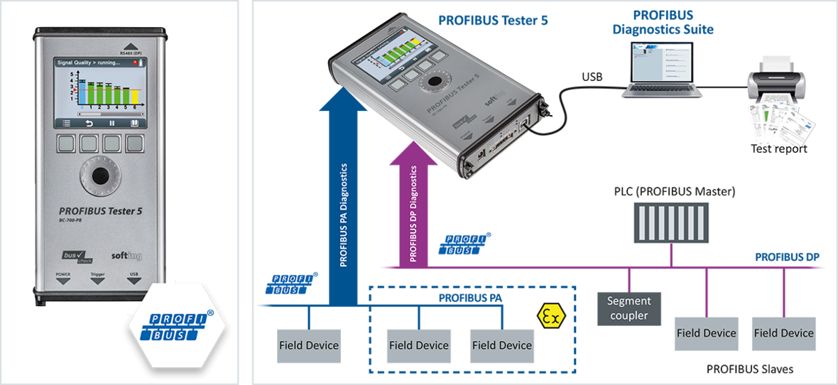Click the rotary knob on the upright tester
point(99,175)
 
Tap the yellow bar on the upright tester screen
point(135,97)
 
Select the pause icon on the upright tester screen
point(111,123)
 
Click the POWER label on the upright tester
point(64,273)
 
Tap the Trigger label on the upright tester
point(97,273)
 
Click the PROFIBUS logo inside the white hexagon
point(178,327)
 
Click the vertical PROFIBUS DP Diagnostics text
point(413,214)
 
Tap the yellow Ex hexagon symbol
point(550,315)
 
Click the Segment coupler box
point(651,308)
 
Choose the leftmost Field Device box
point(322,346)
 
